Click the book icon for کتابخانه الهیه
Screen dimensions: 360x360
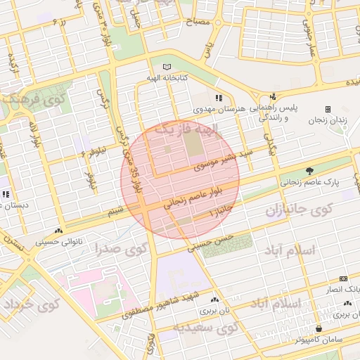coord(167,67)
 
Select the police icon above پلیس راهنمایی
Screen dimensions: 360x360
coord(273,98)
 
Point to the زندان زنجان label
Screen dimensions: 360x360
coord(328,121)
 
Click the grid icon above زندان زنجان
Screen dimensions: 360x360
coord(328,109)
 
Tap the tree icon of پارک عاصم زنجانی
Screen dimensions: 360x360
coord(309,171)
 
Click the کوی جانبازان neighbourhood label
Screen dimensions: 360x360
coord(298,210)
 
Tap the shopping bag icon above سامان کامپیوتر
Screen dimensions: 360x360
coord(319,328)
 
